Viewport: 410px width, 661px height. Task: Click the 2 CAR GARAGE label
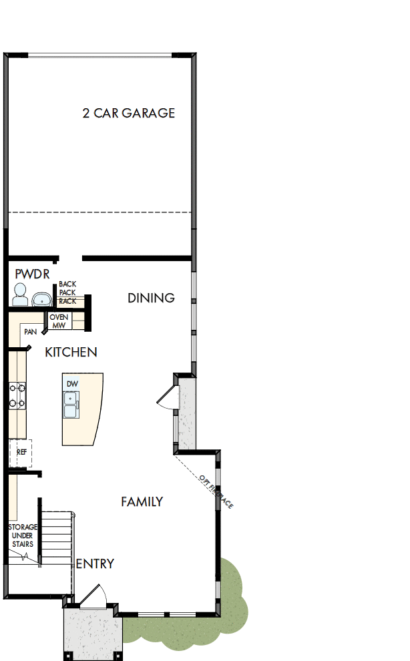(129, 114)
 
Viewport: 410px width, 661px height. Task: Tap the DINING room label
(151, 298)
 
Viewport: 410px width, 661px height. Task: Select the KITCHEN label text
(71, 352)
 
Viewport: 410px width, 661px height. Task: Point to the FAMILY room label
(142, 501)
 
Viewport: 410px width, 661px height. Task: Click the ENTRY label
(95, 564)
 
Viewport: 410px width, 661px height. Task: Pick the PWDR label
(32, 274)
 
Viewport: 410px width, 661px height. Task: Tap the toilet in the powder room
(19, 294)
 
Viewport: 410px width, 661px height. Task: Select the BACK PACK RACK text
(67, 292)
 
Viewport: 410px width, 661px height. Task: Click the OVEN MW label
(59, 320)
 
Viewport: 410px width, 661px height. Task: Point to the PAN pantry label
(30, 331)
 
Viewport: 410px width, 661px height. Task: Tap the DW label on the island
(71, 384)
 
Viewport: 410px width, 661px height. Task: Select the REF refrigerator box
(21, 453)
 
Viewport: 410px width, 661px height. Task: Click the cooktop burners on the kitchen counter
(16, 395)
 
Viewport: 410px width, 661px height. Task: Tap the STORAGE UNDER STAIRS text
(23, 535)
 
